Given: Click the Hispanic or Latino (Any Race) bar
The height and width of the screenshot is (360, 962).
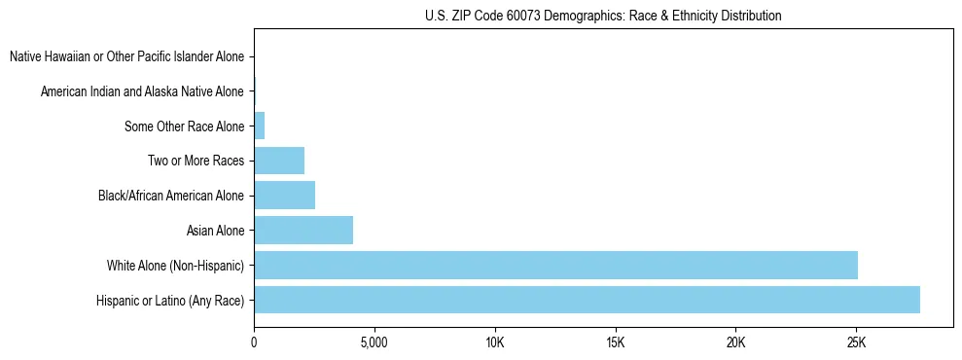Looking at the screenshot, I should (587, 300).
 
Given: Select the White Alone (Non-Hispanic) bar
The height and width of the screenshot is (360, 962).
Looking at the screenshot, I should (555, 265).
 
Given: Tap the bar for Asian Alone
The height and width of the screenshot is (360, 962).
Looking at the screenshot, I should (303, 231).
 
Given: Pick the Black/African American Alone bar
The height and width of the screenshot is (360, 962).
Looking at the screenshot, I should (284, 196).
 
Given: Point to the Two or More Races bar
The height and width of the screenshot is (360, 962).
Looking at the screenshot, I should (279, 161).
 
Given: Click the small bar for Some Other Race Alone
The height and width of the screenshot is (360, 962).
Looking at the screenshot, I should (259, 126).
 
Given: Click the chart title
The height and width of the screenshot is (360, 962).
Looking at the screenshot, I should (603, 16).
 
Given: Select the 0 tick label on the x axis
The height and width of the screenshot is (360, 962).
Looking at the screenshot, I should (254, 342).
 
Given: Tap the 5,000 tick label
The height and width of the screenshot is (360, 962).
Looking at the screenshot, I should (374, 342).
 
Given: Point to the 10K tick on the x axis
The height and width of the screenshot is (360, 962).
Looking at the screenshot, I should (494, 342).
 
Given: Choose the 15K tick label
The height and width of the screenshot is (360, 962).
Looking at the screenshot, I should (615, 342).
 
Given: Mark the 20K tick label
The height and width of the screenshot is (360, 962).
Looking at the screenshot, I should (735, 342).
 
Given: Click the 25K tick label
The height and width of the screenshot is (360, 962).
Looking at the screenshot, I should (856, 342).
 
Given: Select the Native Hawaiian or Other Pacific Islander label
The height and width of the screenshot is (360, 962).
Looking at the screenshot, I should (126, 57).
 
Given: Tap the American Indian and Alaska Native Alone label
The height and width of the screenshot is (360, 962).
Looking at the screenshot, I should (142, 91).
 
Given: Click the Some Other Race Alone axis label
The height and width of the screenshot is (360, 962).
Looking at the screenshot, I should (184, 126).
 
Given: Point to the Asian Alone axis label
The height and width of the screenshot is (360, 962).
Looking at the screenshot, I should (215, 231).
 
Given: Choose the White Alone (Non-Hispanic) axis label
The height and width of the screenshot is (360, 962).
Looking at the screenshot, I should (175, 266).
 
